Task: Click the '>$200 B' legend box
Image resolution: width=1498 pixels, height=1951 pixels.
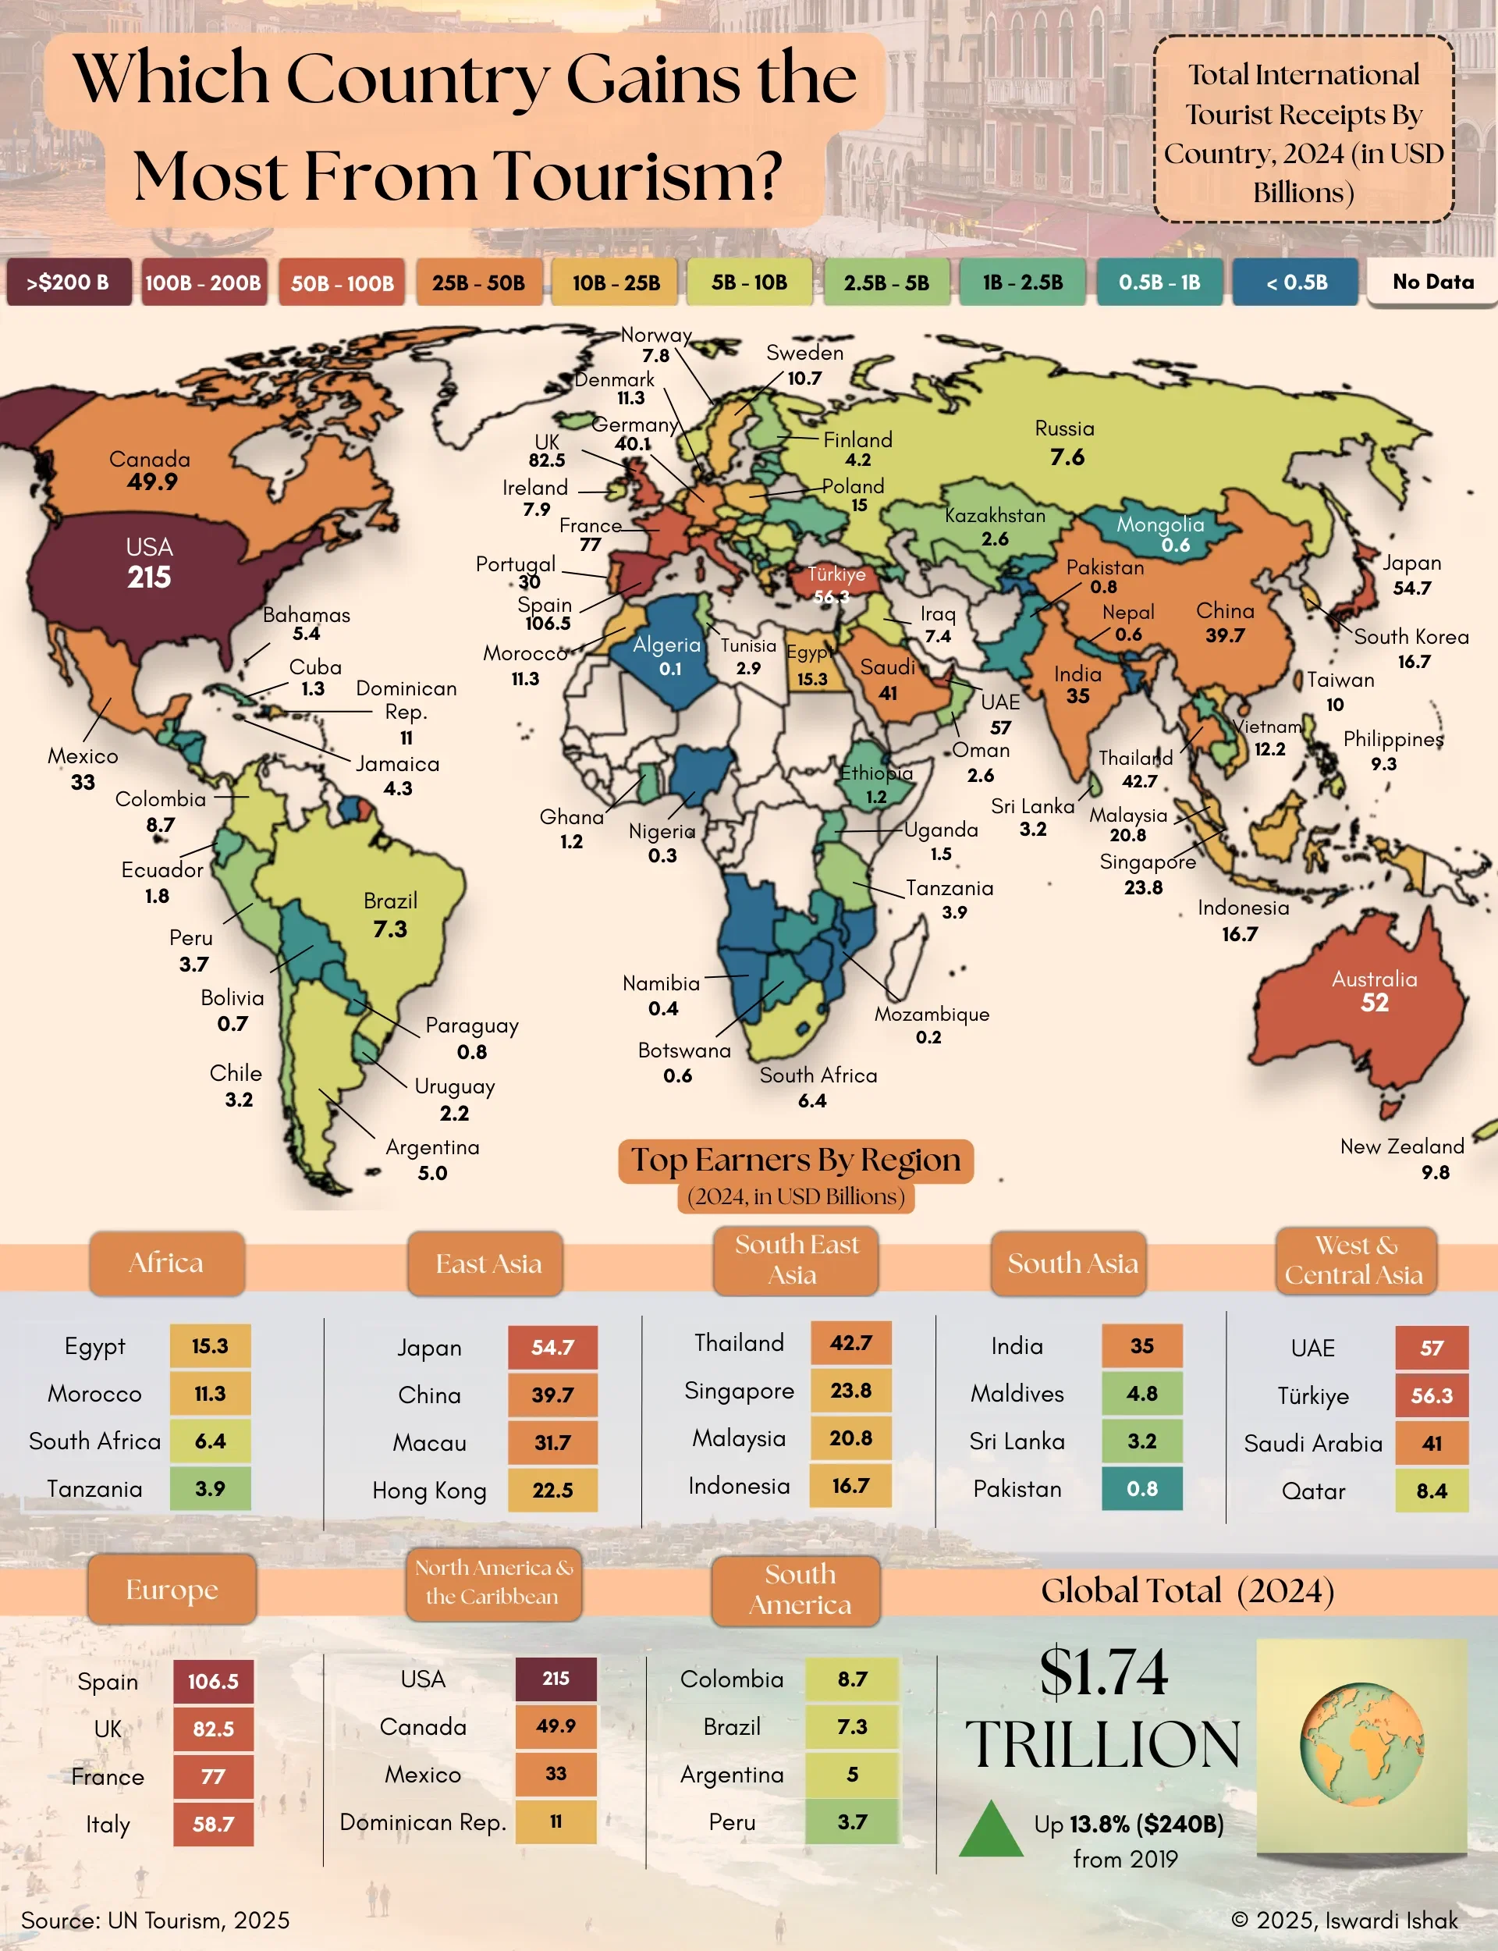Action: pyautogui.click(x=69, y=283)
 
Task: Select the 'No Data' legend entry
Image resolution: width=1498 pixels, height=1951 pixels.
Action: pyautogui.click(x=1432, y=283)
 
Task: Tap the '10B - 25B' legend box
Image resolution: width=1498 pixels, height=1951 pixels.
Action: pyautogui.click(x=616, y=283)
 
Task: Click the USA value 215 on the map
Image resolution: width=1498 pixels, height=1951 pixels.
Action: pyautogui.click(x=149, y=577)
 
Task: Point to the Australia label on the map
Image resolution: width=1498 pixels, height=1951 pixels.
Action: pyautogui.click(x=1373, y=979)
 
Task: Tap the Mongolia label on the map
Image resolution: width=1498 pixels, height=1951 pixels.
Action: pyautogui.click(x=1160, y=524)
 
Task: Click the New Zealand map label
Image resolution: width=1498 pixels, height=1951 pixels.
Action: pyautogui.click(x=1402, y=1146)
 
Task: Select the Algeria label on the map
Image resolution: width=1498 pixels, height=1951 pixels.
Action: pyautogui.click(x=667, y=645)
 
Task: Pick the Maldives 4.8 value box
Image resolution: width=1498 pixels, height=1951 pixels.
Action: pyautogui.click(x=1141, y=1394)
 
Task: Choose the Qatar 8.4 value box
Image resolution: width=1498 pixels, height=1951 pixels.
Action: pyautogui.click(x=1431, y=1491)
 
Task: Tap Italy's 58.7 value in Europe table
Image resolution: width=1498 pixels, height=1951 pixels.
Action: pyautogui.click(x=213, y=1825)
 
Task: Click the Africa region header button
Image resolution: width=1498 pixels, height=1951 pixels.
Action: pyautogui.click(x=167, y=1263)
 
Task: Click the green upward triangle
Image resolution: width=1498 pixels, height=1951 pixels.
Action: pyautogui.click(x=991, y=1831)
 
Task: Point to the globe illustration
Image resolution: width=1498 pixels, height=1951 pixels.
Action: pyautogui.click(x=1361, y=1745)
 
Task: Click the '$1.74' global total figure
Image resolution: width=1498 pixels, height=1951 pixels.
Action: pyautogui.click(x=1103, y=1673)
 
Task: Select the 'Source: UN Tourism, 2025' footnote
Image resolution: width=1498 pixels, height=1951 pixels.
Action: pyautogui.click(x=155, y=1920)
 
